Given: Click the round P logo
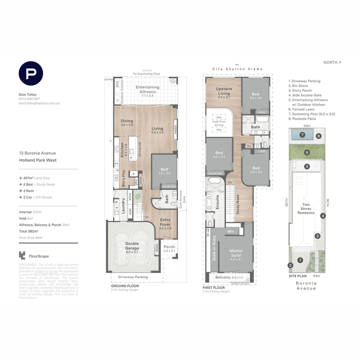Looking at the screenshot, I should [x=31, y=74].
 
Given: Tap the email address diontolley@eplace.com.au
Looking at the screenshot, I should [x=39, y=103].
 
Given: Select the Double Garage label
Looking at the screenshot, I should [x=132, y=246].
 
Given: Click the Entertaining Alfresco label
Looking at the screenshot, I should [x=147, y=89].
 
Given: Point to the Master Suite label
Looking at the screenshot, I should [x=236, y=253].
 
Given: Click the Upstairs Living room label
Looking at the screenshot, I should [x=224, y=91].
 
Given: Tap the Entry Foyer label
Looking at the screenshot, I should [x=165, y=222].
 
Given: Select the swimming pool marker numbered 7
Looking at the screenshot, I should [x=302, y=135].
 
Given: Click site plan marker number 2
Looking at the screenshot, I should [x=291, y=266].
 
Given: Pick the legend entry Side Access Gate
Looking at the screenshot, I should [x=307, y=95].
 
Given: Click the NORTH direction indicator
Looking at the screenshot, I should [x=332, y=62].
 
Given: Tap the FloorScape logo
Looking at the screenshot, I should [x=34, y=256].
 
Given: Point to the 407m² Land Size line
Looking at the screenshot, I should [x=37, y=178].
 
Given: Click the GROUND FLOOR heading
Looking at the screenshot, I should [x=125, y=286].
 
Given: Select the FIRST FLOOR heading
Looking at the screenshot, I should [x=214, y=287].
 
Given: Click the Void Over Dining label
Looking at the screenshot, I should [x=219, y=123].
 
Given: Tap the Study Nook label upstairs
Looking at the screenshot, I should [x=238, y=204].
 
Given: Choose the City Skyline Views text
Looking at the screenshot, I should [x=237, y=69].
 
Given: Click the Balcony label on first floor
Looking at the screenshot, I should [x=223, y=277].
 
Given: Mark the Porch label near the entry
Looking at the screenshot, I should [x=169, y=247].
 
